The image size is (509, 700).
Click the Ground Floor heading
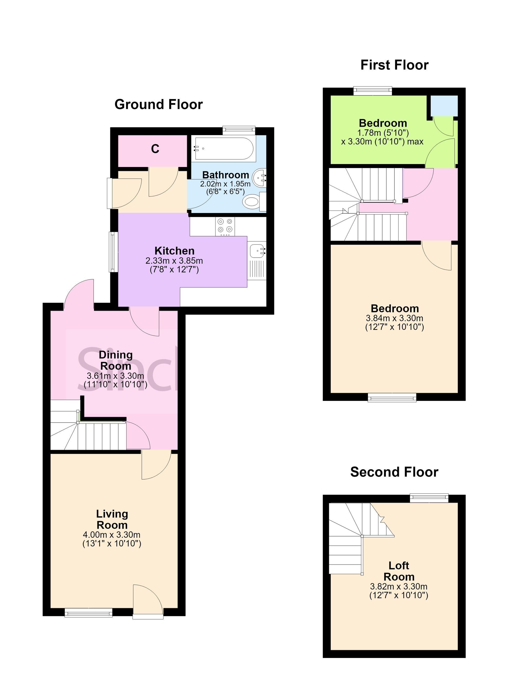pyautogui.click(x=158, y=105)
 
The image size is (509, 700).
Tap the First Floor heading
pyautogui.click(x=394, y=65)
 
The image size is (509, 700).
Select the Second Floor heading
pyautogui.click(x=394, y=472)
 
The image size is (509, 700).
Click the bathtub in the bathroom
pyautogui.click(x=224, y=148)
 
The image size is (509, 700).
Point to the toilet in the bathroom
pyautogui.click(x=254, y=202)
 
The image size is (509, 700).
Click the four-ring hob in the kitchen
pyautogui.click(x=225, y=225)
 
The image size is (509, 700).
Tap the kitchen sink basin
pyautogui.click(x=258, y=251)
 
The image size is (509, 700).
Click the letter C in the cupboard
pyautogui.click(x=155, y=149)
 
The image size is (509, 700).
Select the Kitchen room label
pyautogui.click(x=174, y=251)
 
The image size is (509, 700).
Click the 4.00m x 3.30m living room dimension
pyautogui.click(x=111, y=535)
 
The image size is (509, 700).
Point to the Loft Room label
pyautogui.click(x=399, y=571)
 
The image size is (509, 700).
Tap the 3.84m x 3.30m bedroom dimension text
pyautogui.click(x=394, y=318)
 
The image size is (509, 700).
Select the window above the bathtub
pyautogui.click(x=239, y=130)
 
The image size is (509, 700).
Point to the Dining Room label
pyautogui.click(x=116, y=360)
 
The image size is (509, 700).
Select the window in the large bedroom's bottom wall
pyautogui.click(x=392, y=398)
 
